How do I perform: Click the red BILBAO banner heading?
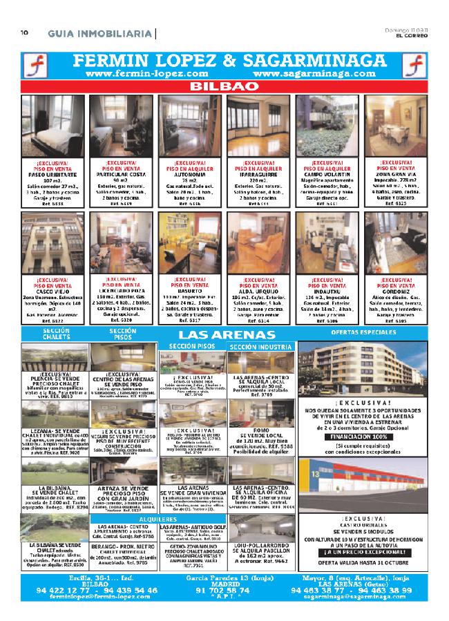[x=224, y=87]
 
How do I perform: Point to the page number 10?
[x=23, y=32]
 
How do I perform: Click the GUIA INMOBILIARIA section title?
[x=100, y=33]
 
